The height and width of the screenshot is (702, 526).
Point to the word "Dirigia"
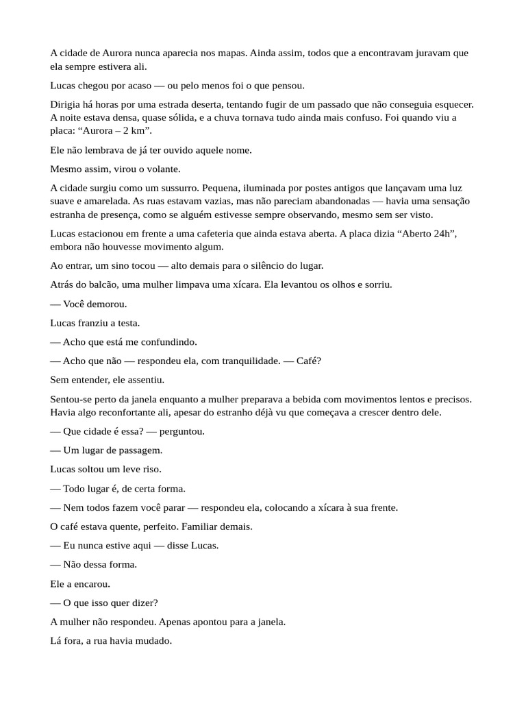pyautogui.click(x=66, y=104)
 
